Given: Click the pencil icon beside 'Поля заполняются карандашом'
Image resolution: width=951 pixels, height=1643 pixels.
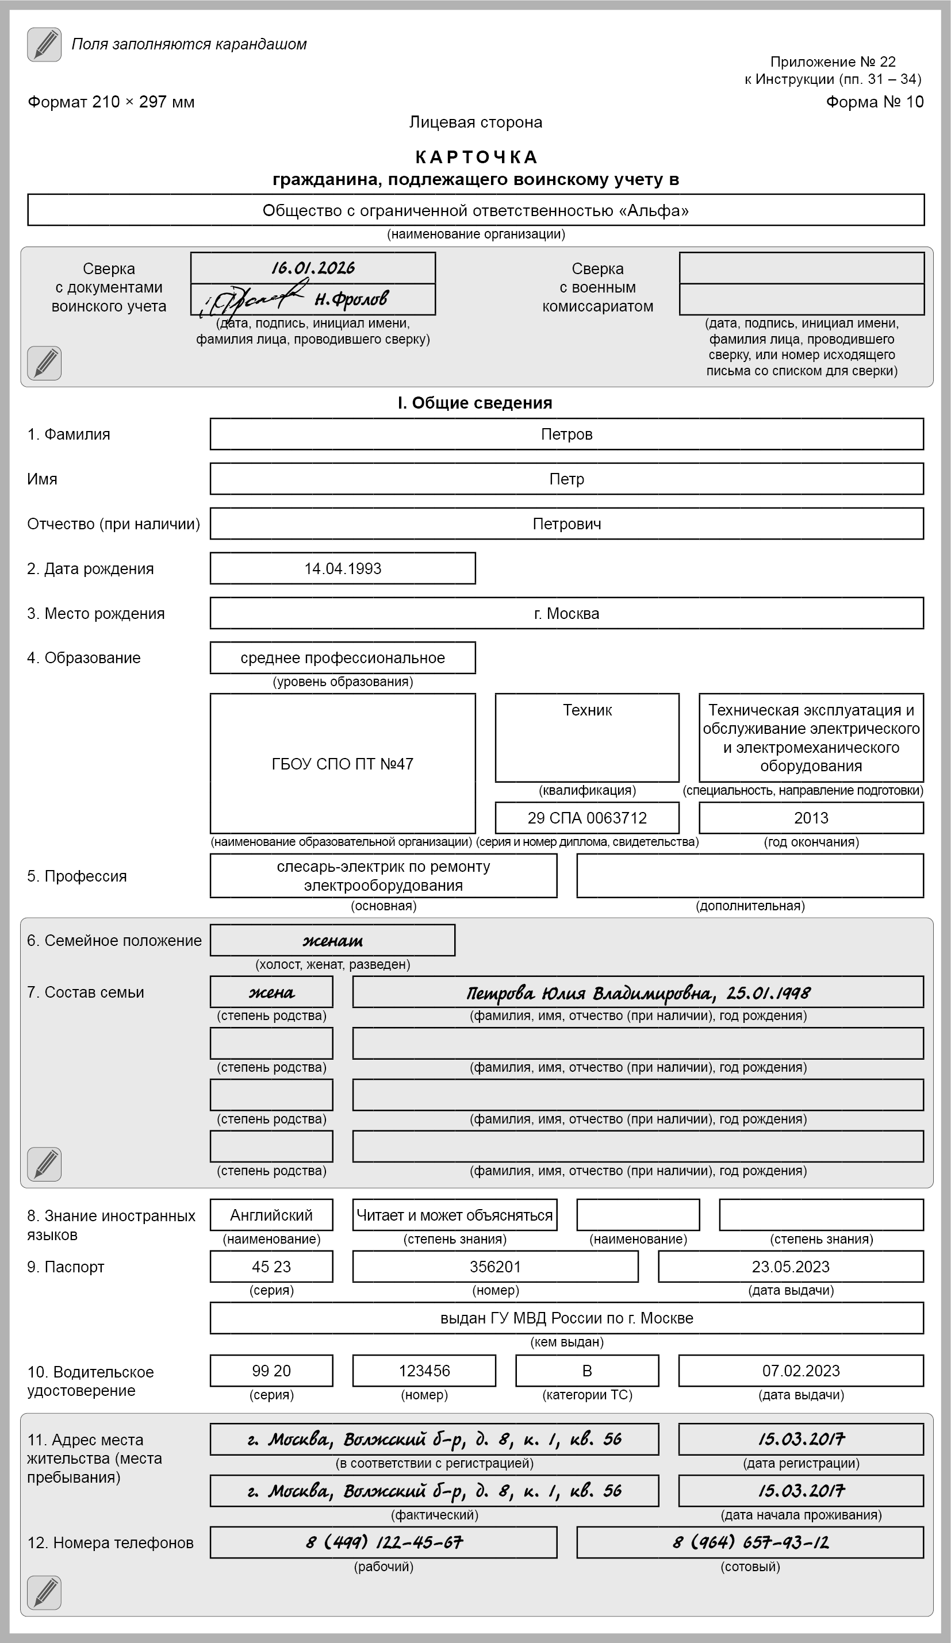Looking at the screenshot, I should click(x=44, y=45).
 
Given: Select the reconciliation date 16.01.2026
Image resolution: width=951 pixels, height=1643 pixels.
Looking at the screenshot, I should click(x=313, y=268).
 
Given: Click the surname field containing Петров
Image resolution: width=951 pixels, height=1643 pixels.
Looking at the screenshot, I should click(x=566, y=434).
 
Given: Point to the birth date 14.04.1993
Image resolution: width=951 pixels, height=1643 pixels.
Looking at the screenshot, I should click(x=343, y=568).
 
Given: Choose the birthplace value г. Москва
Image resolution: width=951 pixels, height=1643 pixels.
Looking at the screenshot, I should click(x=566, y=614).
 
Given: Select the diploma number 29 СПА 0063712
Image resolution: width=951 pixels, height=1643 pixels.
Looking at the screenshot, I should click(x=587, y=818).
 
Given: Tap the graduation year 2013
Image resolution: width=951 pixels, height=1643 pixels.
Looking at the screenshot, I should click(x=811, y=818).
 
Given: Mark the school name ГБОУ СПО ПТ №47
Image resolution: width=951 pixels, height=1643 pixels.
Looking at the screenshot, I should click(x=343, y=764).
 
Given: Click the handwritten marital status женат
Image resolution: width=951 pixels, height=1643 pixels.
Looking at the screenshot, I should click(x=333, y=940).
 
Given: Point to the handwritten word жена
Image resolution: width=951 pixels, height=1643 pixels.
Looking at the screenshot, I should click(x=271, y=992).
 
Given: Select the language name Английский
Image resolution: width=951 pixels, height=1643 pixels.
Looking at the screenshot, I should click(x=271, y=1215).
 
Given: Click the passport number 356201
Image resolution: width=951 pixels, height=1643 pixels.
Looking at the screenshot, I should click(x=495, y=1267).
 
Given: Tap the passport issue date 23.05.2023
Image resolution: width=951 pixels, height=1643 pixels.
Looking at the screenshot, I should click(x=791, y=1267).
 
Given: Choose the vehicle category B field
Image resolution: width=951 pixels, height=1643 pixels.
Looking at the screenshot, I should click(x=587, y=1371).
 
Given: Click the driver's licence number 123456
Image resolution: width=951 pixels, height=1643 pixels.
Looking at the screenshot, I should click(x=424, y=1371).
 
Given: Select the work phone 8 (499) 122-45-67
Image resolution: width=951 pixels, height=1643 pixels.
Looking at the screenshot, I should click(x=384, y=1542).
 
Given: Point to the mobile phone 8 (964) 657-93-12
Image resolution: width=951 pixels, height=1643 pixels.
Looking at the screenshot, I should click(x=750, y=1542).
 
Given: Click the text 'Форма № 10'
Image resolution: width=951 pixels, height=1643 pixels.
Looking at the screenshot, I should click(x=875, y=102).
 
